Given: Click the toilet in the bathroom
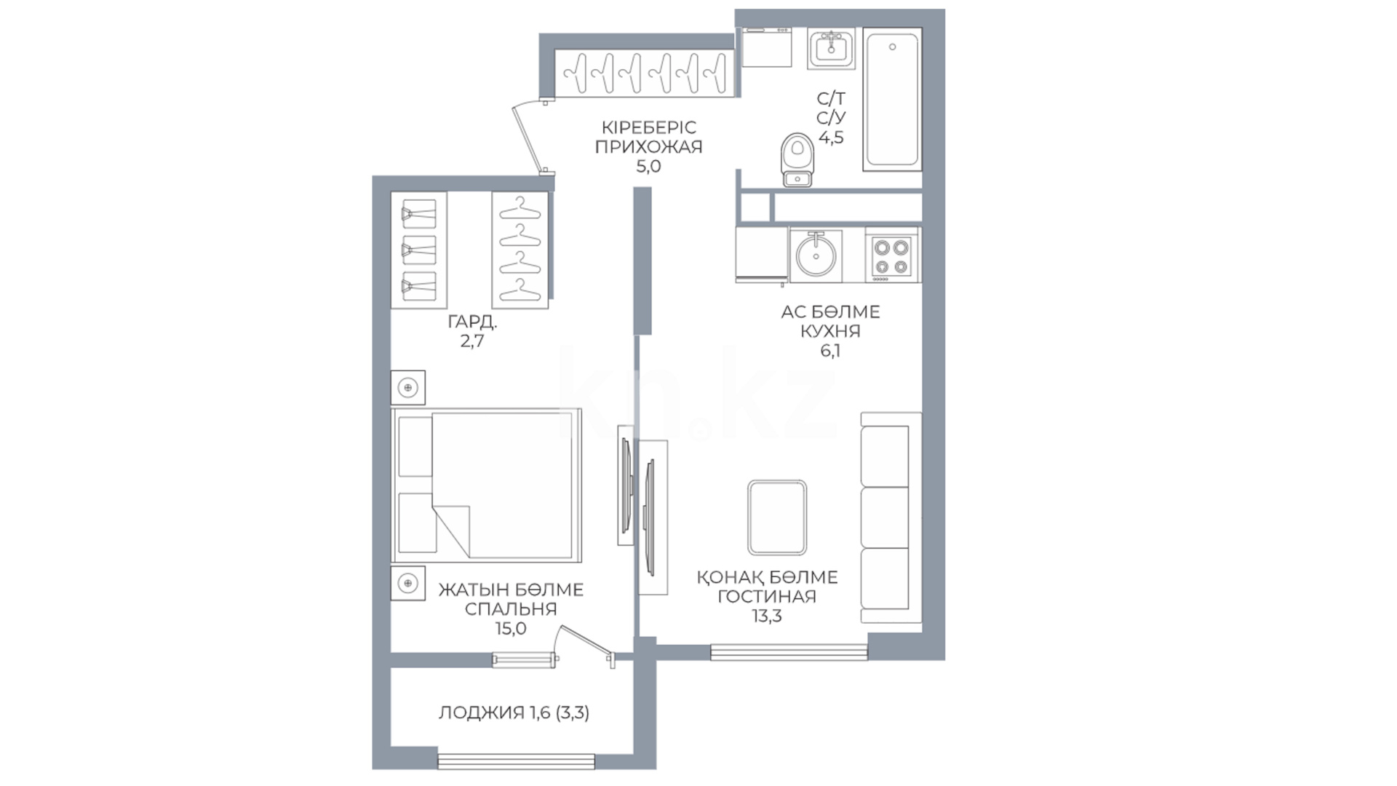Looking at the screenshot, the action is pyautogui.click(x=798, y=160).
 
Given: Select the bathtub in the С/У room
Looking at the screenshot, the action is pyautogui.click(x=893, y=100).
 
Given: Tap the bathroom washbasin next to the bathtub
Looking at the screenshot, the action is pyautogui.click(x=831, y=48).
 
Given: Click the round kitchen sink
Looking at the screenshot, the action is pyautogui.click(x=816, y=255).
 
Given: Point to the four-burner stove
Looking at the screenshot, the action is pyautogui.click(x=891, y=256).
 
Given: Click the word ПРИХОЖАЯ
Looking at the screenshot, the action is pyautogui.click(x=649, y=147).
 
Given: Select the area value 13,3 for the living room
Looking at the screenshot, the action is pyautogui.click(x=767, y=616).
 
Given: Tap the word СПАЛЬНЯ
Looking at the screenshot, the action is pyautogui.click(x=511, y=609).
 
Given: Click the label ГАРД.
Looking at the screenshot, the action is pyautogui.click(x=472, y=322).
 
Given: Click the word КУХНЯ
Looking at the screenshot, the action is pyautogui.click(x=830, y=331).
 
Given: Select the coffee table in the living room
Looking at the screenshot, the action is pyautogui.click(x=777, y=518).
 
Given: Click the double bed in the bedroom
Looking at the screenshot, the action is pyautogui.click(x=487, y=485).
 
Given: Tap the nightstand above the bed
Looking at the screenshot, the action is pyautogui.click(x=408, y=388).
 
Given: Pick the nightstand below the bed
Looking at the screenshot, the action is pyautogui.click(x=408, y=584).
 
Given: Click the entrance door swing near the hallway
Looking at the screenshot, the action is pyautogui.click(x=529, y=138).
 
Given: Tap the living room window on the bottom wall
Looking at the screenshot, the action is pyautogui.click(x=789, y=652).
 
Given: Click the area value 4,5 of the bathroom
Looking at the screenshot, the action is pyautogui.click(x=831, y=138).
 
